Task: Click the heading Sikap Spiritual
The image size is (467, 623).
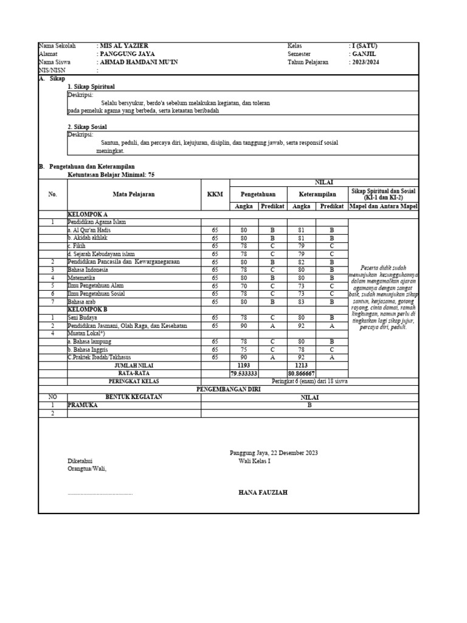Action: [91, 87]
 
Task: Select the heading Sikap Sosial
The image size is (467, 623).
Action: [88, 127]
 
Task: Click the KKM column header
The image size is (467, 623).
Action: [215, 194]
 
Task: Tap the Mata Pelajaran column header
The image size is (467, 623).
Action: [134, 194]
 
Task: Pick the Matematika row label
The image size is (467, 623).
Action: [81, 277]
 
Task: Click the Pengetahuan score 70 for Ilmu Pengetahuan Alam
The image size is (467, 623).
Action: [244, 285]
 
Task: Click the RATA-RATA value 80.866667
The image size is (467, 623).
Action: [301, 373]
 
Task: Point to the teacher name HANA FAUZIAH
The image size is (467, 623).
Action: [263, 492]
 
